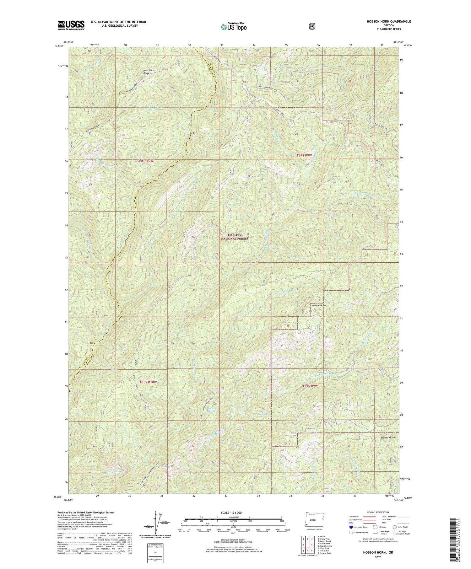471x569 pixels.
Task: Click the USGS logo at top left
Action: (x=71, y=25)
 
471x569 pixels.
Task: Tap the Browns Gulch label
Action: (x=388, y=437)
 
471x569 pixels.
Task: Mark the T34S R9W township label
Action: (x=305, y=155)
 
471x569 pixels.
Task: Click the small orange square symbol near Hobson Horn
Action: (x=288, y=326)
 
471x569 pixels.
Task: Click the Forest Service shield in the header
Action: (x=312, y=27)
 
